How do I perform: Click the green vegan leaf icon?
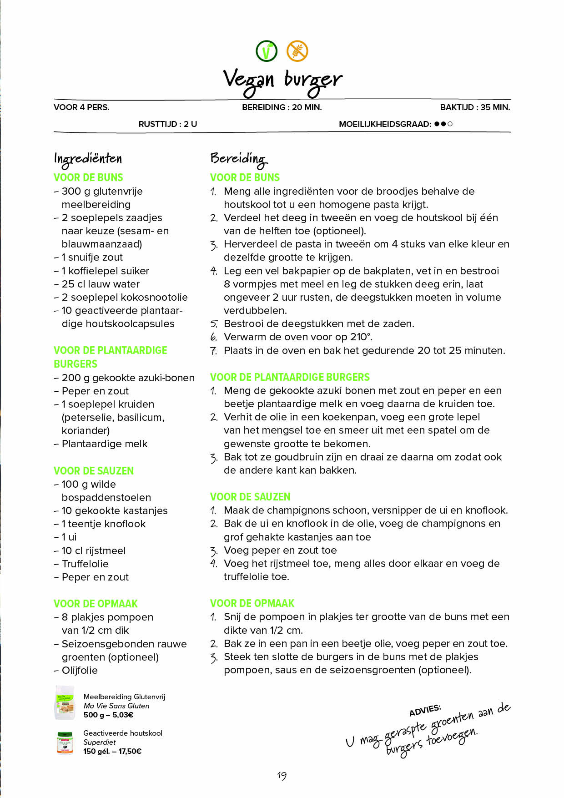point(267,51)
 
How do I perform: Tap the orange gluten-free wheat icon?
point(297,51)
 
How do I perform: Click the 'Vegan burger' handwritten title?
point(282,81)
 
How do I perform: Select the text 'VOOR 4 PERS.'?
point(81,107)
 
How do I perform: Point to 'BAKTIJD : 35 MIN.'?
point(475,107)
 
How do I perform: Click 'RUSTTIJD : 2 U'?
point(168,124)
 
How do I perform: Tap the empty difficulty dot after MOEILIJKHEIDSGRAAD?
point(450,124)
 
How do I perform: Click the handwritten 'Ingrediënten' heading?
point(88,159)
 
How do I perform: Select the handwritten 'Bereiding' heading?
point(238,159)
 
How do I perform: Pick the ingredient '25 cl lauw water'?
point(101,284)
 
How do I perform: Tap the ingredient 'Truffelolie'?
point(85,564)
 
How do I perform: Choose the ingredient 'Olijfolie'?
point(80,670)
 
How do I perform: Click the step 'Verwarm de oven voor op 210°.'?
point(298,337)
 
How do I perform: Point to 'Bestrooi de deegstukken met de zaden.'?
point(319,324)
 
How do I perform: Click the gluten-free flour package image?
point(65,703)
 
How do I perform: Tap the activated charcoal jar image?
point(65,742)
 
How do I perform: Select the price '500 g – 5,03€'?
point(108,715)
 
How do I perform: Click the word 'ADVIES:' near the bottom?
point(425,710)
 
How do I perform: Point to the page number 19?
point(282,776)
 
